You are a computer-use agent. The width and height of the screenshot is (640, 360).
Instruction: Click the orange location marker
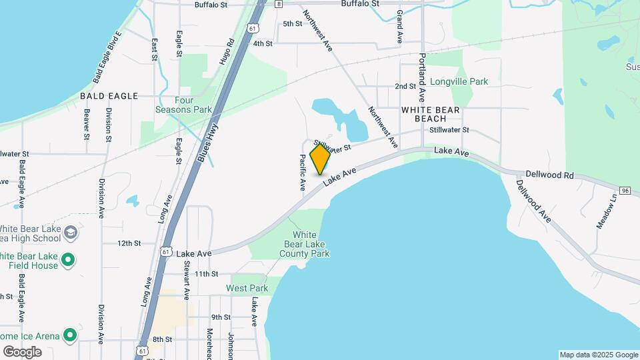(x=321, y=159)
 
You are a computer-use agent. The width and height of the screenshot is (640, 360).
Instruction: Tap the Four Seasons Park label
(x=183, y=105)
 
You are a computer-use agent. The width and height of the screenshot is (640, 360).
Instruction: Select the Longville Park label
(x=459, y=82)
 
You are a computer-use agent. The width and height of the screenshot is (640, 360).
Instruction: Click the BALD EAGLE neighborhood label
(x=109, y=96)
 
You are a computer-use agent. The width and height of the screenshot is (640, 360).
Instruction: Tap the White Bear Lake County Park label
(x=305, y=244)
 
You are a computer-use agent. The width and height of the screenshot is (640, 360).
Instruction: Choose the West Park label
(x=247, y=289)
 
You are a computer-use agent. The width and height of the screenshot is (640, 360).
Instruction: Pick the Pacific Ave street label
(x=303, y=172)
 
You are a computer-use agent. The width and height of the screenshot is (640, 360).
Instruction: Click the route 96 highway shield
(x=624, y=191)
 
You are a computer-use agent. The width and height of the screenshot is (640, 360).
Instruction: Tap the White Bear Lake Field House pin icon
(x=67, y=259)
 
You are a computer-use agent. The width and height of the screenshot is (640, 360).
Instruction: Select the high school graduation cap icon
(x=71, y=233)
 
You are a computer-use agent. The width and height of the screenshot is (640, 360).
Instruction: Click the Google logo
(x=22, y=351)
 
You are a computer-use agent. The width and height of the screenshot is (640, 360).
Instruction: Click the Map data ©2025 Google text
(x=598, y=355)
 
